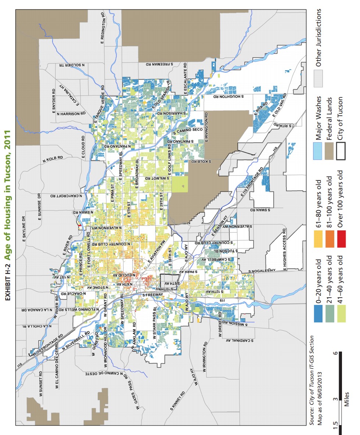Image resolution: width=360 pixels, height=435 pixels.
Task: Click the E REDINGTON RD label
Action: pos(103,28)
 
